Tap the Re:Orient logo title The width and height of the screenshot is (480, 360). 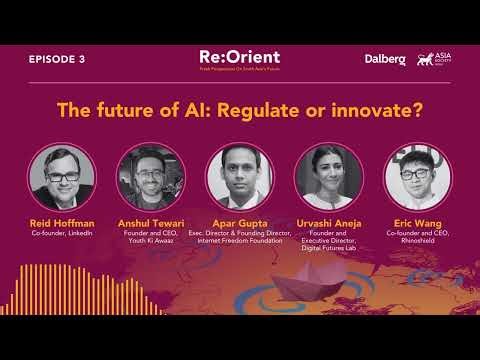click(x=239, y=57)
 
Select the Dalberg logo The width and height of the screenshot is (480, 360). click(x=385, y=60)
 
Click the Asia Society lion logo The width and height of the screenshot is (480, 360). click(x=432, y=59)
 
